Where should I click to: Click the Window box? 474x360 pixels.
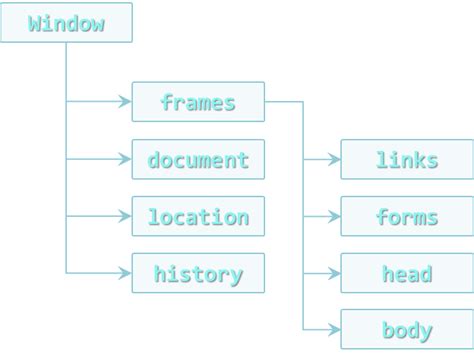click(x=66, y=22)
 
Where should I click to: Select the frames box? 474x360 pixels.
click(x=198, y=102)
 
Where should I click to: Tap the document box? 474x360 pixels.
click(x=198, y=159)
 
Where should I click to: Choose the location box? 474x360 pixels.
click(x=198, y=216)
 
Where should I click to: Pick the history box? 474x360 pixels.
click(x=198, y=273)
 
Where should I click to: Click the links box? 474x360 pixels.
click(x=406, y=159)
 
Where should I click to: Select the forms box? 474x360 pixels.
click(x=406, y=216)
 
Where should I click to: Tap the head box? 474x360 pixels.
click(x=406, y=273)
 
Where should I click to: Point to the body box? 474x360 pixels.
click(x=406, y=329)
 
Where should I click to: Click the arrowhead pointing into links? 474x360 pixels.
click(x=335, y=159)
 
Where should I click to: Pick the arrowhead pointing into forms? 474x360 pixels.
click(x=335, y=216)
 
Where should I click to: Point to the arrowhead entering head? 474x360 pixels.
click(x=335, y=273)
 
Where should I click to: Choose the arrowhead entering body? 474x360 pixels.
click(x=335, y=329)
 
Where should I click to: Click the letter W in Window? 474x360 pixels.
click(x=35, y=23)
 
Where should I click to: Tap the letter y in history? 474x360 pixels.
click(x=236, y=275)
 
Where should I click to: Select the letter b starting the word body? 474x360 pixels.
click(x=388, y=329)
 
